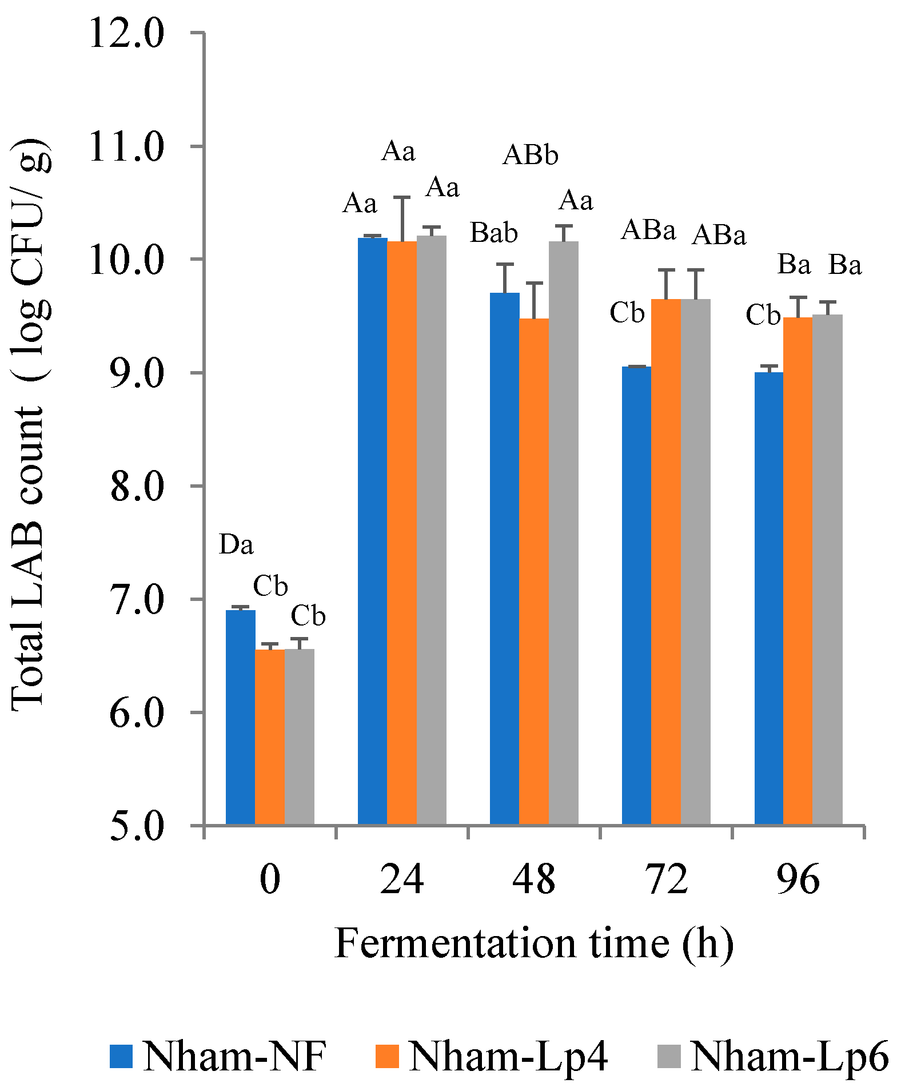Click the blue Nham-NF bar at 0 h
[240, 717]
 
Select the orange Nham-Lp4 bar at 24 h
[401, 532]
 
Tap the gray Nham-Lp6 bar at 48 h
[563, 532]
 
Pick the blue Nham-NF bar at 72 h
[636, 595]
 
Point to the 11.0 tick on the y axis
[126, 147]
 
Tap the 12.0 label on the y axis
[126, 34]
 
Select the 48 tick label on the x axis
[533, 879]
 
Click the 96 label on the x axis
[798, 879]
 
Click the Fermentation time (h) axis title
[533, 944]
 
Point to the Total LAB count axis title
[30, 423]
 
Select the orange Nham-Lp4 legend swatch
[387, 1056]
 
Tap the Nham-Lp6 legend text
[790, 1056]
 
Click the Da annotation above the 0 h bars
[236, 545]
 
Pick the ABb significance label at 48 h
[530, 155]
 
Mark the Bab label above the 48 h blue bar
[493, 233]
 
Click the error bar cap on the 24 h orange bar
[401, 197]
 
